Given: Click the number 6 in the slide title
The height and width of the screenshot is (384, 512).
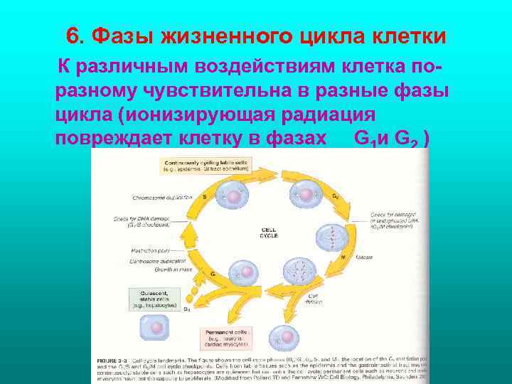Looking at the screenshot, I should point(71,35).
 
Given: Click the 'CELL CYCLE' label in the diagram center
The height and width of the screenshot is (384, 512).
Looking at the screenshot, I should point(270,232).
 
